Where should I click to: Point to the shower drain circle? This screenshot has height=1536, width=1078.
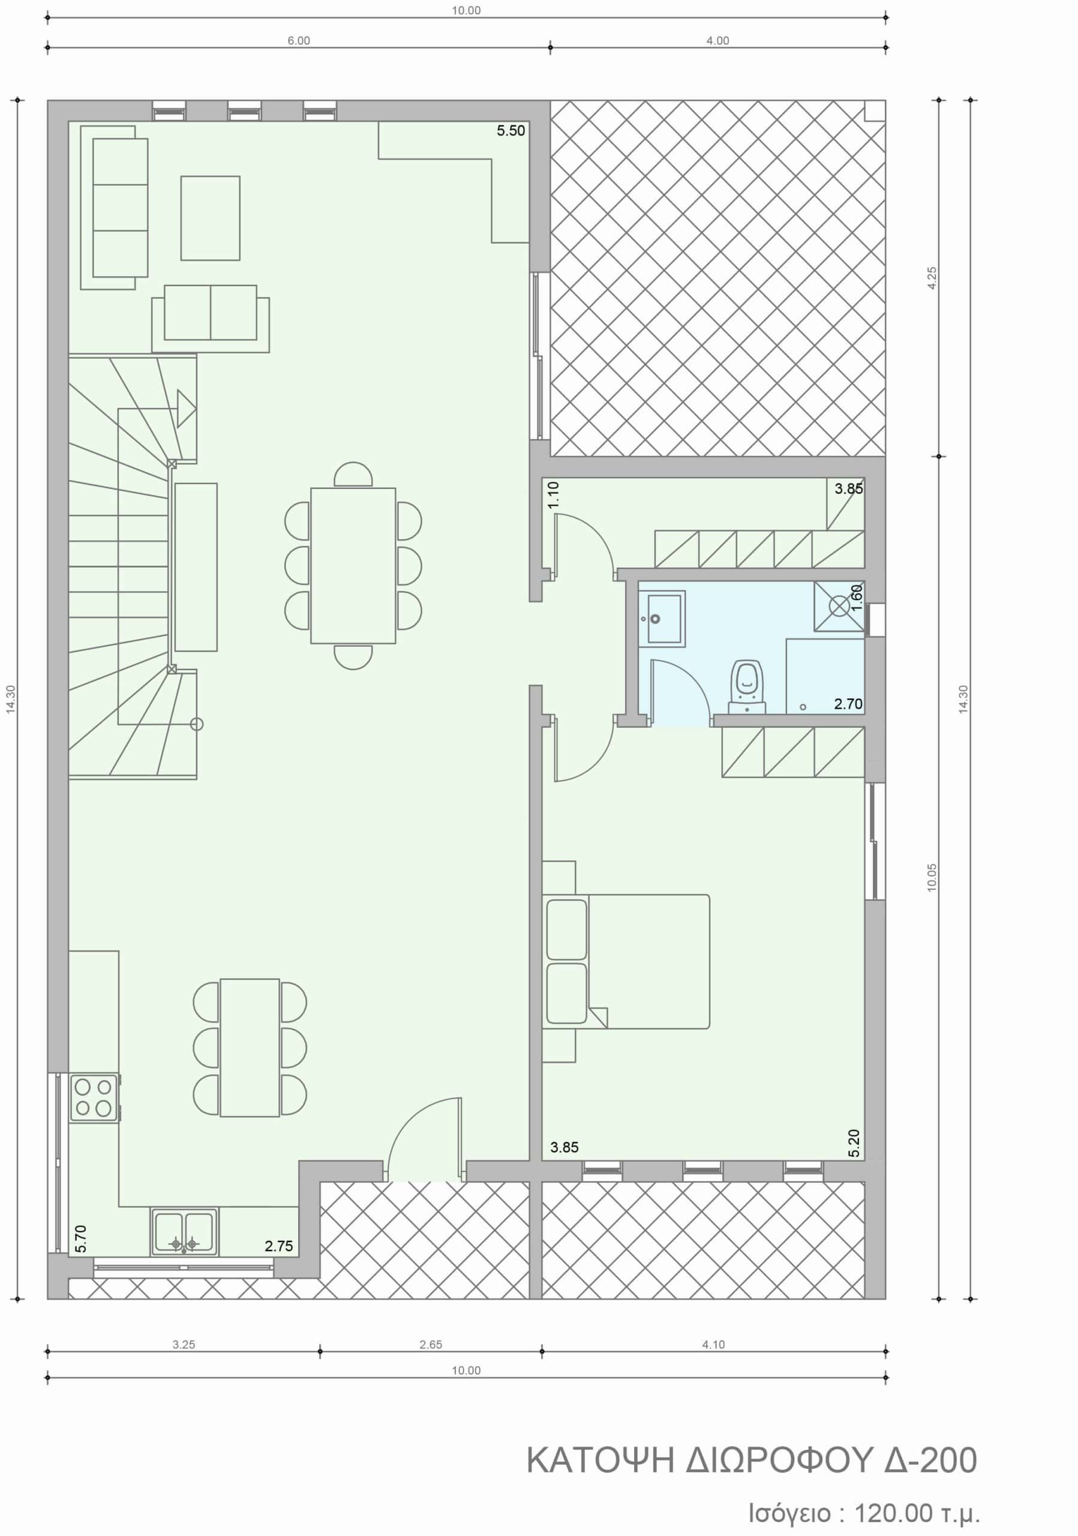pyautogui.click(x=838, y=606)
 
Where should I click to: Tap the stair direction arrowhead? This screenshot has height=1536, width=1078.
pyautogui.click(x=187, y=409)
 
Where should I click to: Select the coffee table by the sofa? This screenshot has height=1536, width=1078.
pyautogui.click(x=210, y=218)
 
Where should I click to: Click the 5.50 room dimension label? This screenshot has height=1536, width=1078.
pyautogui.click(x=511, y=130)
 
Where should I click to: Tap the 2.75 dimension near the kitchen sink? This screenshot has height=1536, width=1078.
pyautogui.click(x=279, y=1246)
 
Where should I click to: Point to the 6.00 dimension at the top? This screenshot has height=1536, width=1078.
pyautogui.click(x=299, y=41)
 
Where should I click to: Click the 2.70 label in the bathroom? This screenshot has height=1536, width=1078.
pyautogui.click(x=848, y=704)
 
